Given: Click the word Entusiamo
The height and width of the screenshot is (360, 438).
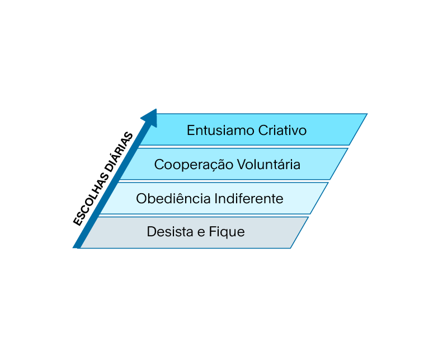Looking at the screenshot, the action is pyautogui.click(x=220, y=130).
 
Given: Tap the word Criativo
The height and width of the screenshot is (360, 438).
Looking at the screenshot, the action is pyautogui.click(x=282, y=130).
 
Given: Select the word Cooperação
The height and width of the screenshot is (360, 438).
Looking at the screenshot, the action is pyautogui.click(x=194, y=165).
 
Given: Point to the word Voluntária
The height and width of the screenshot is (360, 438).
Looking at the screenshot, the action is pyautogui.click(x=269, y=164).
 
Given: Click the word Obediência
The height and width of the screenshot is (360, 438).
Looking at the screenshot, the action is pyautogui.click(x=173, y=198).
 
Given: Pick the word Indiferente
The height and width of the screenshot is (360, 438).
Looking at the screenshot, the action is pyautogui.click(x=249, y=198).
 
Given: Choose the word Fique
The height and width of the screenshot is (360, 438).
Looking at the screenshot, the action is pyautogui.click(x=227, y=232).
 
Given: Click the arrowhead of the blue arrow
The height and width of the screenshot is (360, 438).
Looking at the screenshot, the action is pyautogui.click(x=151, y=118).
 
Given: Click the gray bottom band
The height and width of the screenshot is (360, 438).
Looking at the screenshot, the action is pyautogui.click(x=194, y=232).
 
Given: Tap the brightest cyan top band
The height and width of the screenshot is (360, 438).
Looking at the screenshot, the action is pyautogui.click(x=253, y=129).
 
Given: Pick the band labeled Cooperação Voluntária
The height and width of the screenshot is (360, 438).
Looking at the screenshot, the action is pyautogui.click(x=234, y=164).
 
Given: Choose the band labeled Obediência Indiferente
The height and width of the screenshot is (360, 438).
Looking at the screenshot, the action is pyautogui.click(x=214, y=198).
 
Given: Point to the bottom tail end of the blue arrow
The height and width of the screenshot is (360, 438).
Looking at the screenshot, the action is pyautogui.click(x=77, y=247).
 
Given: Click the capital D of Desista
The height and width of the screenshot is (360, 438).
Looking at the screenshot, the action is pyautogui.click(x=151, y=232).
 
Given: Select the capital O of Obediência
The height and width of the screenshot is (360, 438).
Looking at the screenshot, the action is pyautogui.click(x=142, y=198).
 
